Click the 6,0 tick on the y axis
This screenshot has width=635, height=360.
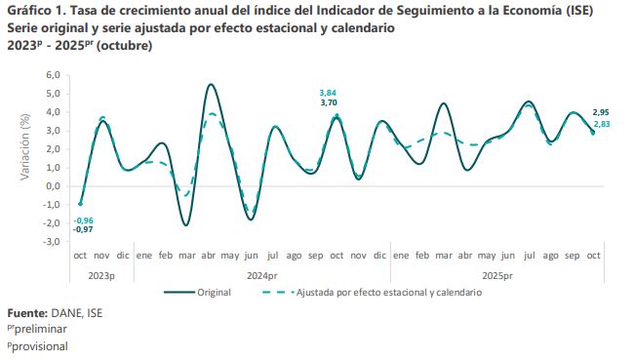(x=53, y=74)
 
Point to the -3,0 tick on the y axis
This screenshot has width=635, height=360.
(x=51, y=241)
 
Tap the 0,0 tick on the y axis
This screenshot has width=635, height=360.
(x=53, y=185)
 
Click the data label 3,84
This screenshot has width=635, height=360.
(x=329, y=92)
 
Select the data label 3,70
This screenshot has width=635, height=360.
(x=329, y=102)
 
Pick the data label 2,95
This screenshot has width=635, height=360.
(x=602, y=113)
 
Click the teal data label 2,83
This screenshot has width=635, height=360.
(x=602, y=124)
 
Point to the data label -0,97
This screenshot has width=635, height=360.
(x=83, y=229)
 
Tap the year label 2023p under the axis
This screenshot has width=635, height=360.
(x=101, y=275)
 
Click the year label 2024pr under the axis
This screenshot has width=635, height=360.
(x=263, y=275)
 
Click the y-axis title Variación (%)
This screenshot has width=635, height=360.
(x=26, y=148)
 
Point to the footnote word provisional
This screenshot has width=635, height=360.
(x=38, y=346)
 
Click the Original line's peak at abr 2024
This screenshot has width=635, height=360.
(x=212, y=84)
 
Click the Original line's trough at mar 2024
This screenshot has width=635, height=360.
(x=185, y=225)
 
